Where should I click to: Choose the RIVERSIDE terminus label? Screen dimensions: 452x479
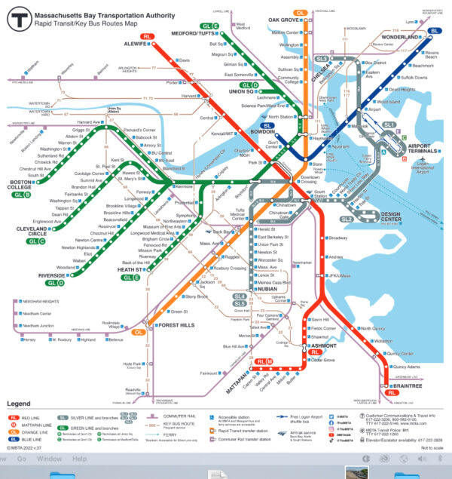tap(52, 275)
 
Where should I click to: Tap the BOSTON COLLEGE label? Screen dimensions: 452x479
tap(20, 186)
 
